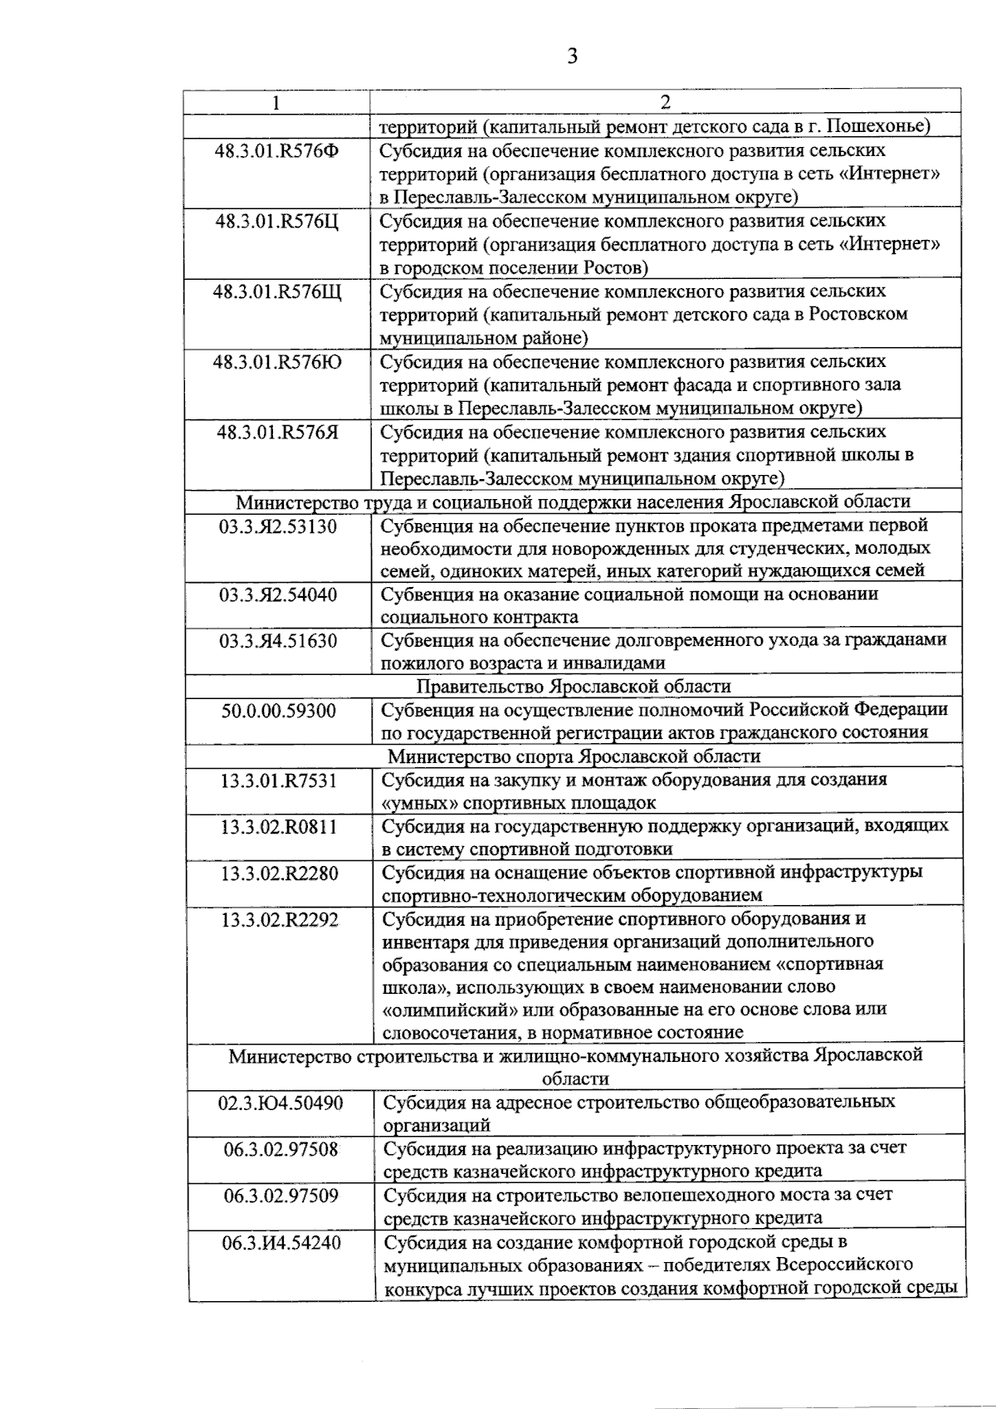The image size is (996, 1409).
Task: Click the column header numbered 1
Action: tap(276, 102)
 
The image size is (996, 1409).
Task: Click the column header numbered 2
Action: tap(665, 102)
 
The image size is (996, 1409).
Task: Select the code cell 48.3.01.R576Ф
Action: tap(277, 151)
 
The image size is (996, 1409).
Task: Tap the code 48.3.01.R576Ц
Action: tap(277, 222)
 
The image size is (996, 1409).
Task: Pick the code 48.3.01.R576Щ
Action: tap(277, 292)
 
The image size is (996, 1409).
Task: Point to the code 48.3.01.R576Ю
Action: tap(277, 363)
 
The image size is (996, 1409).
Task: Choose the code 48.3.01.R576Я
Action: tap(277, 433)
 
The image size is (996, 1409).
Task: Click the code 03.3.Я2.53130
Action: tap(278, 526)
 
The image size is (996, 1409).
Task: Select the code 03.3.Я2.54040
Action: tap(278, 594)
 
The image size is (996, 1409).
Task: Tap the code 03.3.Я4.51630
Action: tap(278, 641)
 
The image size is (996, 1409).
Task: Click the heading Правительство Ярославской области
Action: tap(573, 687)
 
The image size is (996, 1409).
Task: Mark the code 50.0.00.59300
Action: tap(278, 711)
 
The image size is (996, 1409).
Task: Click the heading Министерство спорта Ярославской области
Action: tap(573, 756)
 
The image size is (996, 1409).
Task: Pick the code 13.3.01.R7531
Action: tap(278, 780)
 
